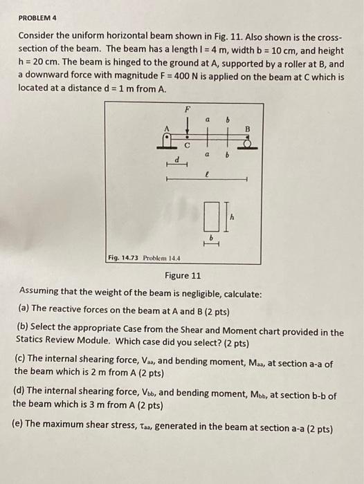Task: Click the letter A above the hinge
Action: tap(166, 128)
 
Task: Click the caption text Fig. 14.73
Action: tap(125, 258)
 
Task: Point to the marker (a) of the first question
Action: tap(26, 308)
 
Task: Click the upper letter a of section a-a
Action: tap(208, 120)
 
